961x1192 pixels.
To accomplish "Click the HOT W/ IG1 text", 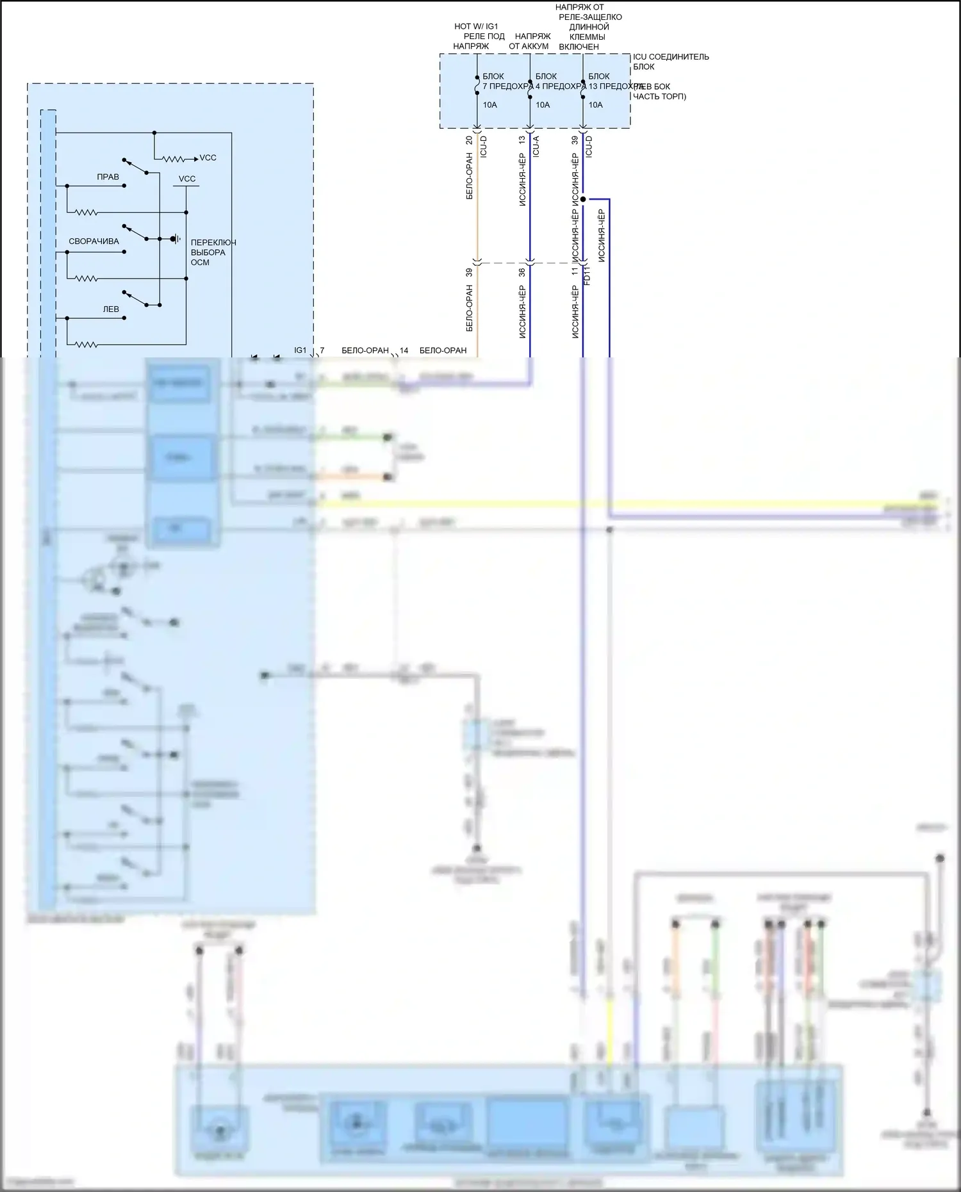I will point(475,26).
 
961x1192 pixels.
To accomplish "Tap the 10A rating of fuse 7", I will point(489,105).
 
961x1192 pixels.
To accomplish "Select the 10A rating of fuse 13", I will point(596,105).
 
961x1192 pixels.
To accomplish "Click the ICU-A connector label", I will point(536,147).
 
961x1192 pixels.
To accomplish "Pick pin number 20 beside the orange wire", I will point(469,140).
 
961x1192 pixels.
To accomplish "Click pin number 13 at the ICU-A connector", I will point(522,140).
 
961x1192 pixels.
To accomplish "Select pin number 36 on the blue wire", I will point(522,272).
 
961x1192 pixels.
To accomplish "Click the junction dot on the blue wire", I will point(583,199).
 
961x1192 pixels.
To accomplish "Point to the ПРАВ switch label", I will point(108,177).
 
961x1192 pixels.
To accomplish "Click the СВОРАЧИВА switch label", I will point(94,241).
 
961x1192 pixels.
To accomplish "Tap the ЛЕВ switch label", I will point(111,309).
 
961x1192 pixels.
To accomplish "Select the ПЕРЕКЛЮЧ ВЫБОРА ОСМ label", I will point(213,252).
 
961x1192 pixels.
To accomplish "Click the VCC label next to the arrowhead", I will point(208,158).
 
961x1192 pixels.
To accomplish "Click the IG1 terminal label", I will point(300,350).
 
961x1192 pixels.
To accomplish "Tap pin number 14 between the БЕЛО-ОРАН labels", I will point(404,350).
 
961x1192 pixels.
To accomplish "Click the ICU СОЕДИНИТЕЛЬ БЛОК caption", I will point(670,61).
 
